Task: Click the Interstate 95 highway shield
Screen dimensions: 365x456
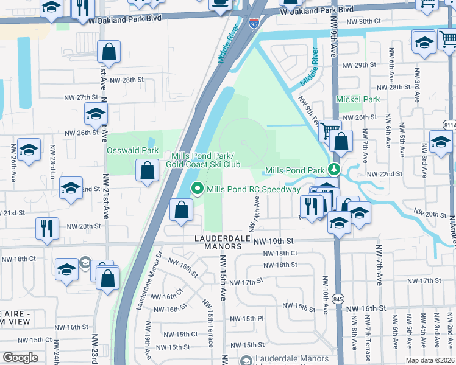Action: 254,24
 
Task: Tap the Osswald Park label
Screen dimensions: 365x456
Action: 133,150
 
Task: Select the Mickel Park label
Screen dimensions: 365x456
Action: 358,99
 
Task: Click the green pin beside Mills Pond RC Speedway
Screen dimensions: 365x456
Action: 198,189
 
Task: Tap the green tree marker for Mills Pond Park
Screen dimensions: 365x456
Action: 333,169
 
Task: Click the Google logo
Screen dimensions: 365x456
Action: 20,358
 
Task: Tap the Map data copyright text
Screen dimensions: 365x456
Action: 430,360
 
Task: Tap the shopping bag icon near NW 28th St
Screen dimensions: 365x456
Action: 109,53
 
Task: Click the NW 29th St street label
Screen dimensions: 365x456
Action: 360,65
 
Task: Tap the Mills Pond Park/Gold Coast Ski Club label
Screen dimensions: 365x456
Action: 206,160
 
